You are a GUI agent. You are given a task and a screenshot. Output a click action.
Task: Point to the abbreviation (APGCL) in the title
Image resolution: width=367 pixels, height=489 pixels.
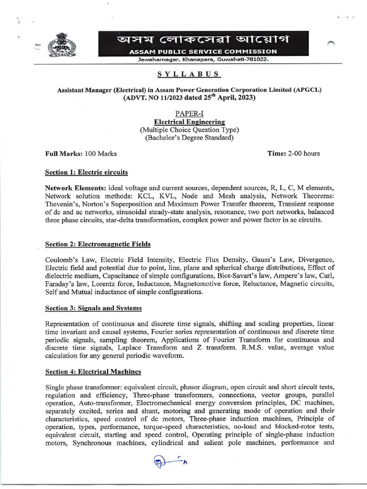(307, 90)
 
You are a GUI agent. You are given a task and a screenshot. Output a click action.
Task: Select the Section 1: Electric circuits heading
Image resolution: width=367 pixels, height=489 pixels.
(86, 172)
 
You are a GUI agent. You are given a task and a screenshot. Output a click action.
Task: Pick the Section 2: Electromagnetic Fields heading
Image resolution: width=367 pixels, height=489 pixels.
(97, 244)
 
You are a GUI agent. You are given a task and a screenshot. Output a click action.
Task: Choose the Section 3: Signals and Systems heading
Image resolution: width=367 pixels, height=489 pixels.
(93, 308)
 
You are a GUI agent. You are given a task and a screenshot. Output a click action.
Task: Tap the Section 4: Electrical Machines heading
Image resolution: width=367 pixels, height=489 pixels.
(93, 372)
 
